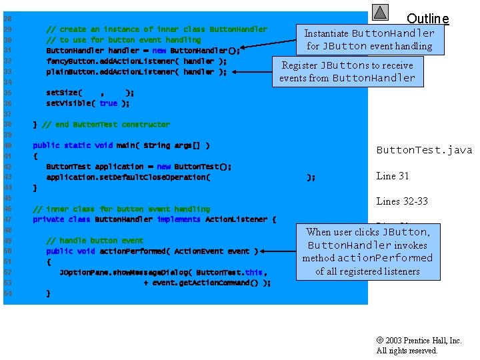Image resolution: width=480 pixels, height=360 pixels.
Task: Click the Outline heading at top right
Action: click(427, 19)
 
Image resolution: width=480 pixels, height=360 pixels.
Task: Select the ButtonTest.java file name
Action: click(424, 150)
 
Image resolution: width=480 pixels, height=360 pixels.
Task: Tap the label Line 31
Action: click(393, 176)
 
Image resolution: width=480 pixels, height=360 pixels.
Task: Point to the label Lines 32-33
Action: click(402, 201)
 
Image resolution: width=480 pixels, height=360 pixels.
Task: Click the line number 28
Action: click(7, 19)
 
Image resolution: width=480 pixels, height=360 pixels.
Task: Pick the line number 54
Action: click(7, 293)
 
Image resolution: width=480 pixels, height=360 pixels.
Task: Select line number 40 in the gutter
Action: click(7, 145)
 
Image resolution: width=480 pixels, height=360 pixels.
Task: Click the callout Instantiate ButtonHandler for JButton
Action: click(369, 39)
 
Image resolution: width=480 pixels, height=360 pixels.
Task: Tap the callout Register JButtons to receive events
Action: click(347, 71)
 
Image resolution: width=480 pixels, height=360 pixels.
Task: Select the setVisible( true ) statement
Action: click(87, 103)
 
